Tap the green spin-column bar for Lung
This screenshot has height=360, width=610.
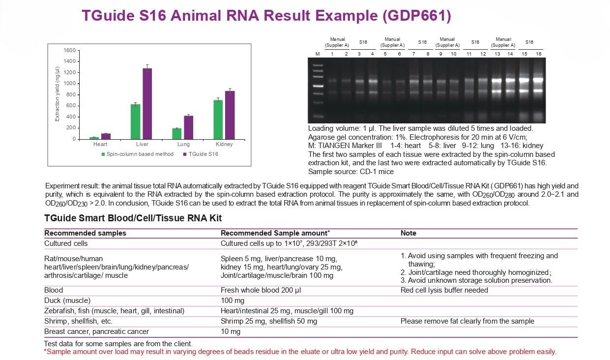pyautogui.click(x=177, y=133)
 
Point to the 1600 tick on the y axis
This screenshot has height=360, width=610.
pyautogui.click(x=70, y=51)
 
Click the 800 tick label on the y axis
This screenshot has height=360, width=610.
pyautogui.click(x=72, y=95)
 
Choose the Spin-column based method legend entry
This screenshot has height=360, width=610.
pyautogui.click(x=138, y=154)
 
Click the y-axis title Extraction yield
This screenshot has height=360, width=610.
pyautogui.click(x=57, y=93)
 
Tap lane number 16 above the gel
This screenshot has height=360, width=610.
pyautogui.click(x=538, y=54)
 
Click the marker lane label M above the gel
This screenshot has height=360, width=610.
pyautogui.click(x=317, y=54)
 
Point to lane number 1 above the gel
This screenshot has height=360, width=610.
pyautogui.click(x=332, y=54)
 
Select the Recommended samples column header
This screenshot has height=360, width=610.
pyautogui.click(x=85, y=233)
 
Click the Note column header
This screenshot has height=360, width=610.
pyautogui.click(x=408, y=233)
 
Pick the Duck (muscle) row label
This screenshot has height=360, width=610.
pyautogui.click(x=67, y=300)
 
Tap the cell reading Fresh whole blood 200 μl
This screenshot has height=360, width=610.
pyautogui.click(x=261, y=290)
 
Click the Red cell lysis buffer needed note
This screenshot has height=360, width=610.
pyautogui.click(x=444, y=290)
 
